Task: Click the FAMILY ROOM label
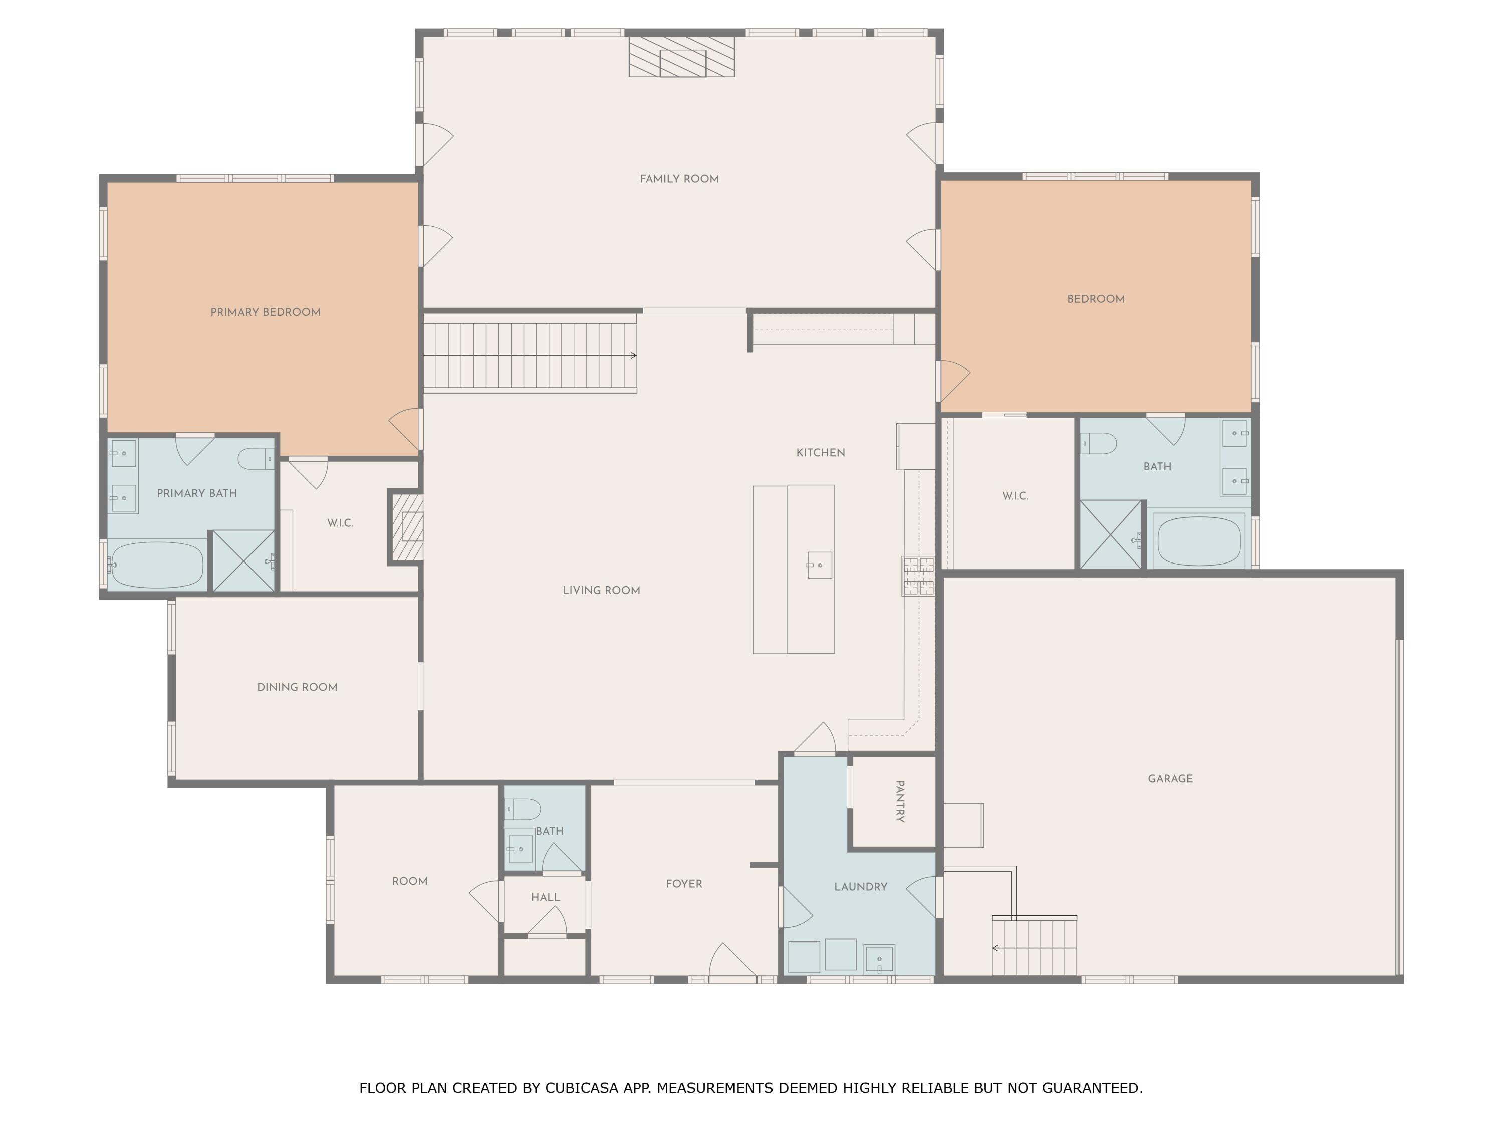pyautogui.click(x=679, y=179)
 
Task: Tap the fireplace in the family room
pyautogui.click(x=681, y=57)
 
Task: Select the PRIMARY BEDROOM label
pyautogui.click(x=265, y=313)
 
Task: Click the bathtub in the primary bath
pyautogui.click(x=157, y=565)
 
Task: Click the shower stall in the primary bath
pyautogui.click(x=243, y=561)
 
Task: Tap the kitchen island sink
pyautogui.click(x=820, y=565)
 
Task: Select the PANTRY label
pyautogui.click(x=900, y=801)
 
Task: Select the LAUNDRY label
pyautogui.click(x=860, y=887)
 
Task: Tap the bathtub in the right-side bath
pyautogui.click(x=1198, y=541)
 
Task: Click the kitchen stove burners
pyautogui.click(x=918, y=576)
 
